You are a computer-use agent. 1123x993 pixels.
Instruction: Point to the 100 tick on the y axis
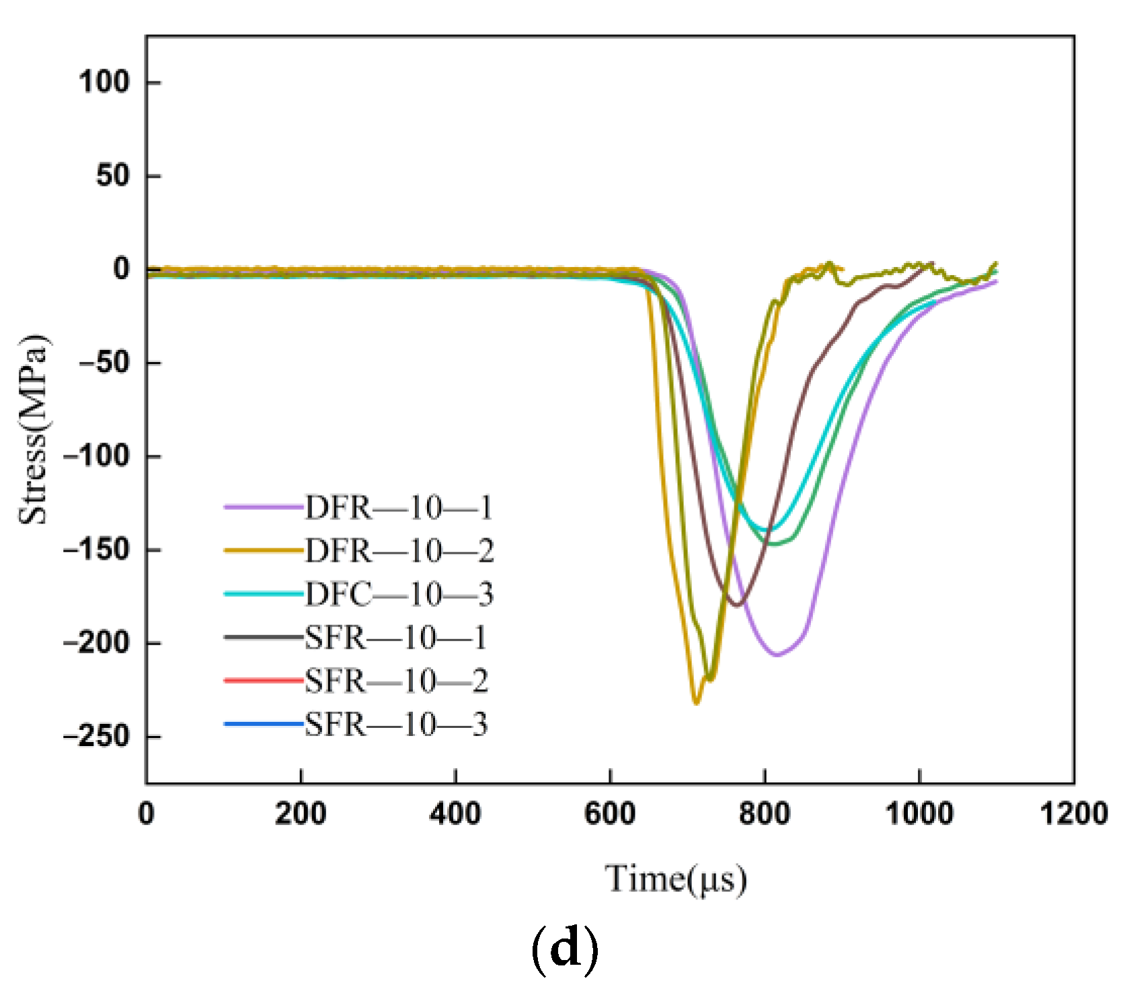104,82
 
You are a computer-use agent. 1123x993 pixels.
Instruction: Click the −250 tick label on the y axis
95,737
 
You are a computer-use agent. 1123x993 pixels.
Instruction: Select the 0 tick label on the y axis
121,269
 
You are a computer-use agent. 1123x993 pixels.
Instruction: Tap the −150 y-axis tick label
95,550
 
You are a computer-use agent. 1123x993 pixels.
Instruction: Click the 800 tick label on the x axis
764,814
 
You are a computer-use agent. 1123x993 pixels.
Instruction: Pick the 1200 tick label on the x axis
1073,814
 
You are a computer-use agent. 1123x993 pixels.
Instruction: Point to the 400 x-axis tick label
455,814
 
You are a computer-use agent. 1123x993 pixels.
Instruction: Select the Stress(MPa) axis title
34,429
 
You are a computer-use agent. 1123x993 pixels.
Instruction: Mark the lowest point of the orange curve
696,703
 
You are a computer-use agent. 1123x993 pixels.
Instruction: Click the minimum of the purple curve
777,655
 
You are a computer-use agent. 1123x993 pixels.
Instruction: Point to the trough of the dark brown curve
737,605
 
